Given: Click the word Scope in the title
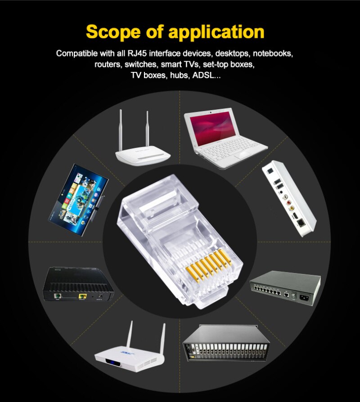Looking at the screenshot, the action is [113, 32].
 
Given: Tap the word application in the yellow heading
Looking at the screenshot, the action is [216, 32].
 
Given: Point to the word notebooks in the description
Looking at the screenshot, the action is [273, 54].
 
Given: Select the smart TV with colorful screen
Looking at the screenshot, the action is [78, 200].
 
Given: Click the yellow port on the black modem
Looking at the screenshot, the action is [82, 297].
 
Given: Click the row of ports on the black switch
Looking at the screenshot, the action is [266, 290].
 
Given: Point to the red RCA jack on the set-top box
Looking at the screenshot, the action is [289, 202].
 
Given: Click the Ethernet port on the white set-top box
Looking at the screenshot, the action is [301, 223].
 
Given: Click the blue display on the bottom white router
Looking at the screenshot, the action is [111, 362].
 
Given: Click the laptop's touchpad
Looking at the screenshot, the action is [242, 154].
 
